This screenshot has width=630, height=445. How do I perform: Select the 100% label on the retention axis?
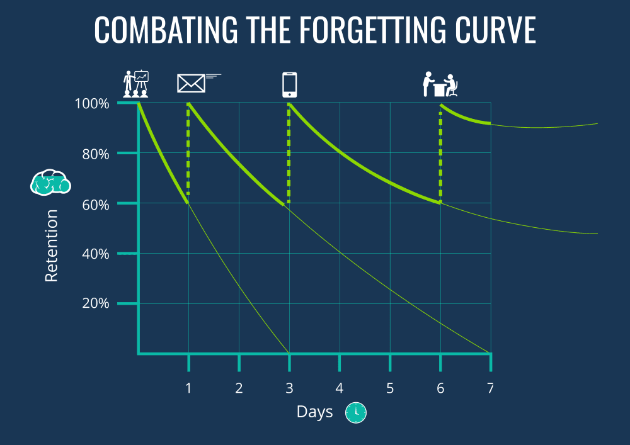tap(92, 103)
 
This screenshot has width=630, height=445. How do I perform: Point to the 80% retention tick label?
tap(94, 154)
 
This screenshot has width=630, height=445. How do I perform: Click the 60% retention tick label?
tap(94, 204)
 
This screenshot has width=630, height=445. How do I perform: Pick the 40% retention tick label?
tap(94, 254)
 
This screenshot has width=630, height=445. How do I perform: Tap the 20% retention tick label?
tap(94, 303)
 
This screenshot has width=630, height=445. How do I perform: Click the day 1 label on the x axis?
tap(188, 388)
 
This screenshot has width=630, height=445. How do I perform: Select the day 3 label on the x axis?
tap(289, 388)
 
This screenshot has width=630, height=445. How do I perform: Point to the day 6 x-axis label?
tap(440, 388)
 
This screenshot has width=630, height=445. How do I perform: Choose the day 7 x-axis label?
tap(490, 388)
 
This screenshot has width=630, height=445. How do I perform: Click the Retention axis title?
tap(52, 245)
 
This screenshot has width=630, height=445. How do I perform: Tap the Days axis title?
tap(314, 412)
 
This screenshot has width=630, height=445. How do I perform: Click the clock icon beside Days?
tap(356, 412)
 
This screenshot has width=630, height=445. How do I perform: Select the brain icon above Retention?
tap(50, 182)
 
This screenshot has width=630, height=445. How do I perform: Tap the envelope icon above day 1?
tap(192, 83)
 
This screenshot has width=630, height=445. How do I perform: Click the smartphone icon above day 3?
tap(289, 85)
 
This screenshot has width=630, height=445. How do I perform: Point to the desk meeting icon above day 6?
tap(439, 85)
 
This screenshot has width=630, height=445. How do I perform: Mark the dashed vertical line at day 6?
tap(440, 157)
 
